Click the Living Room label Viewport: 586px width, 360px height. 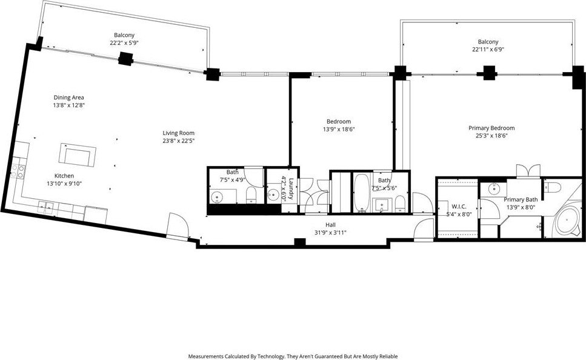point(178,133)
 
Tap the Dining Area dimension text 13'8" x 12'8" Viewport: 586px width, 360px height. point(69,105)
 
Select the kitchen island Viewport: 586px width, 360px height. point(78,155)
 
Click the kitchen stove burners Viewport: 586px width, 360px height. point(18,172)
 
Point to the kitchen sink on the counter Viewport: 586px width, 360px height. point(46,206)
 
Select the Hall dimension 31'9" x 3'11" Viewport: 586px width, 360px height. point(330,233)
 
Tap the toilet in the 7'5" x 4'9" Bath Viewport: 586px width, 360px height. point(251,195)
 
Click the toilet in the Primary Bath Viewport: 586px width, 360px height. point(552,187)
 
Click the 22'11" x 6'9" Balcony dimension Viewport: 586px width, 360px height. point(488,49)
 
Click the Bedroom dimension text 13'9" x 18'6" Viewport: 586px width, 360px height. point(339,129)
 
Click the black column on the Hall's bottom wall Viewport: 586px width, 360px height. point(300,242)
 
